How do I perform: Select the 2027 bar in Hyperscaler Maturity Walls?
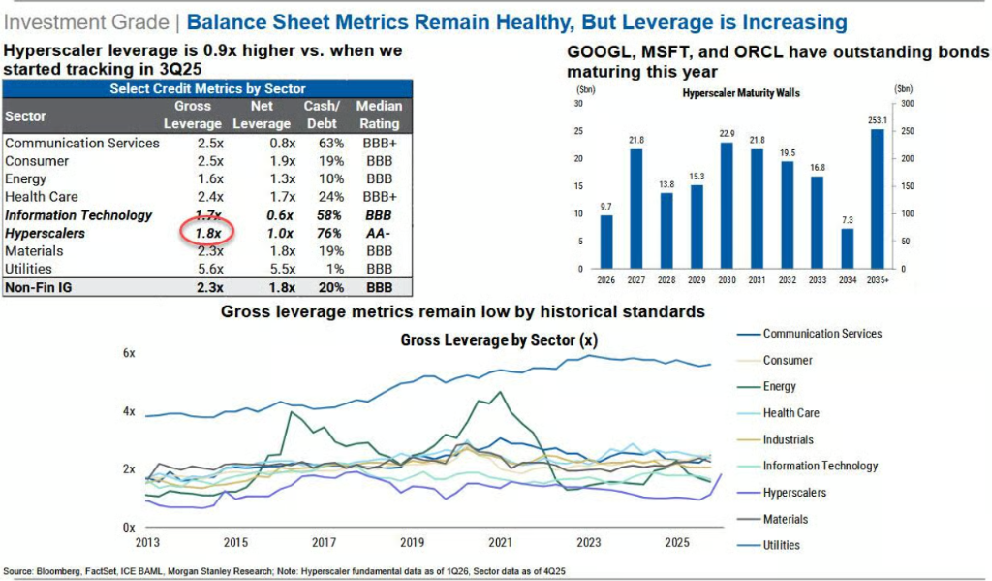pyautogui.click(x=635, y=209)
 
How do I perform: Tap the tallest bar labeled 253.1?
pyautogui.click(x=877, y=198)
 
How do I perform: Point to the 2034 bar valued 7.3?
pyautogui.click(x=847, y=248)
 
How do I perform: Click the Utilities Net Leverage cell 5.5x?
pyautogui.click(x=282, y=269)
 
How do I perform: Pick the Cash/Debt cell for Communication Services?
pyautogui.click(x=331, y=144)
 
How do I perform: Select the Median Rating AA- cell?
pyautogui.click(x=379, y=233)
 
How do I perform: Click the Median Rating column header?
pyautogui.click(x=379, y=114)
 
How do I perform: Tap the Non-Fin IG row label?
pyautogui.click(x=39, y=287)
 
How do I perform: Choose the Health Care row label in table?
pyautogui.click(x=41, y=197)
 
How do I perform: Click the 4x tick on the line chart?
pyautogui.click(x=129, y=411)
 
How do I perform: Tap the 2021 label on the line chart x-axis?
pyautogui.click(x=500, y=542)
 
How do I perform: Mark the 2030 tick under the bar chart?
pyautogui.click(x=727, y=279)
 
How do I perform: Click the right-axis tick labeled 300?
pyautogui.click(x=907, y=103)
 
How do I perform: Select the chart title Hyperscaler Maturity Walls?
pyautogui.click(x=741, y=93)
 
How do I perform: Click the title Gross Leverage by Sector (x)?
pyautogui.click(x=499, y=340)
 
